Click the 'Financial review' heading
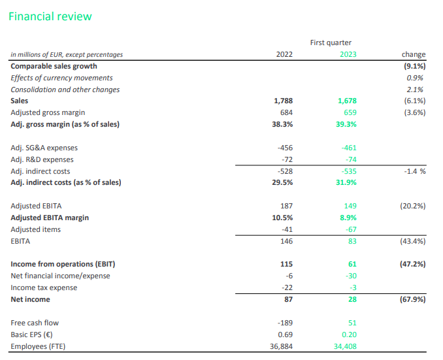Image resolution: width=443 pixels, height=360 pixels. coord(50,16)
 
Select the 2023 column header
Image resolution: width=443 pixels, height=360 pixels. coord(348,54)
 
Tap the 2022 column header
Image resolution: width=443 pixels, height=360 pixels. coord(284,54)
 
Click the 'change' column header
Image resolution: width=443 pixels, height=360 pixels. coord(414,54)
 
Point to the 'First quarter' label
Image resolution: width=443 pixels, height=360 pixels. coord(331,42)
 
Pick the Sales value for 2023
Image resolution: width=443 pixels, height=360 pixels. coord(347,101)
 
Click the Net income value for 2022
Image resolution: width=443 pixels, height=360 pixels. coord(288,299)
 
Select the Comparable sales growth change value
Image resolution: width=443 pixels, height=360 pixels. coord(414,66)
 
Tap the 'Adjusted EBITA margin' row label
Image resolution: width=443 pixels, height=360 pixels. coord(50,218)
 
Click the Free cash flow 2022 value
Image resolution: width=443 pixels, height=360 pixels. coord(285,323)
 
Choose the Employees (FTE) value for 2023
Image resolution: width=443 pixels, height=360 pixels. coord(345,346)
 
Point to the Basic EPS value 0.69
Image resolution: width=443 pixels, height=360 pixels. coord(286,335)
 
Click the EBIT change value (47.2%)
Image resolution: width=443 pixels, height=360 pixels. coord(412,264)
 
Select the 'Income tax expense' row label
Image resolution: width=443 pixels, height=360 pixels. coord(44,287)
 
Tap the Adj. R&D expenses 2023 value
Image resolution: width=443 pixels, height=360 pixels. coord(351,159)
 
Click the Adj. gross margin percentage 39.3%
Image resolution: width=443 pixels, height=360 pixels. coord(346,124)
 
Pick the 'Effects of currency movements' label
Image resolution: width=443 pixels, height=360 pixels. coord(61,78)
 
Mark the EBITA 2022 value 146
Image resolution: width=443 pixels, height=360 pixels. coord(286,241)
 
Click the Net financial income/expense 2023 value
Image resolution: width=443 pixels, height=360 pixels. coord(351,276)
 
